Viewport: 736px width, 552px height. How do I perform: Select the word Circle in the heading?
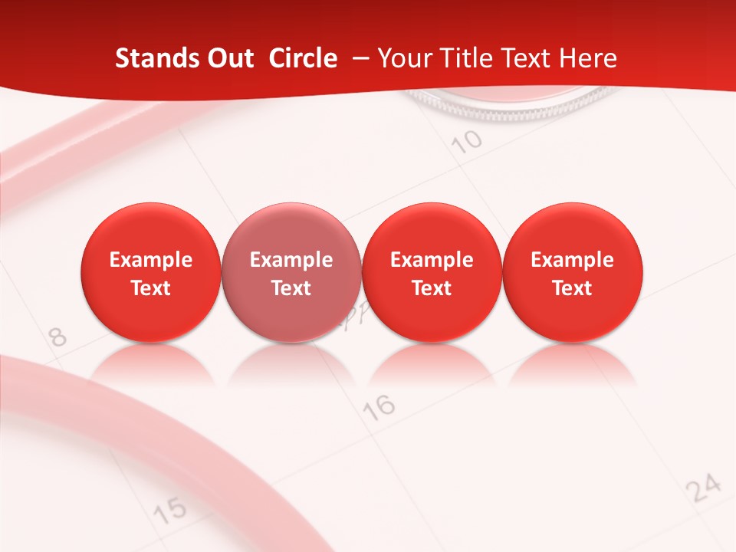(x=303, y=59)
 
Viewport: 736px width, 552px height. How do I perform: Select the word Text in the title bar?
(x=525, y=59)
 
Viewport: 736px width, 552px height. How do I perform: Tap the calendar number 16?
(x=380, y=406)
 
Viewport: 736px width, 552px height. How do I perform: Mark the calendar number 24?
(x=704, y=488)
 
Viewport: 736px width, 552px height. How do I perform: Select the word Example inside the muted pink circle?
(x=291, y=260)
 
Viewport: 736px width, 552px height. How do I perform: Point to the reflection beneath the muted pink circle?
(x=291, y=363)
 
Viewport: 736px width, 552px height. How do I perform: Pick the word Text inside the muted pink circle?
(x=291, y=288)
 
